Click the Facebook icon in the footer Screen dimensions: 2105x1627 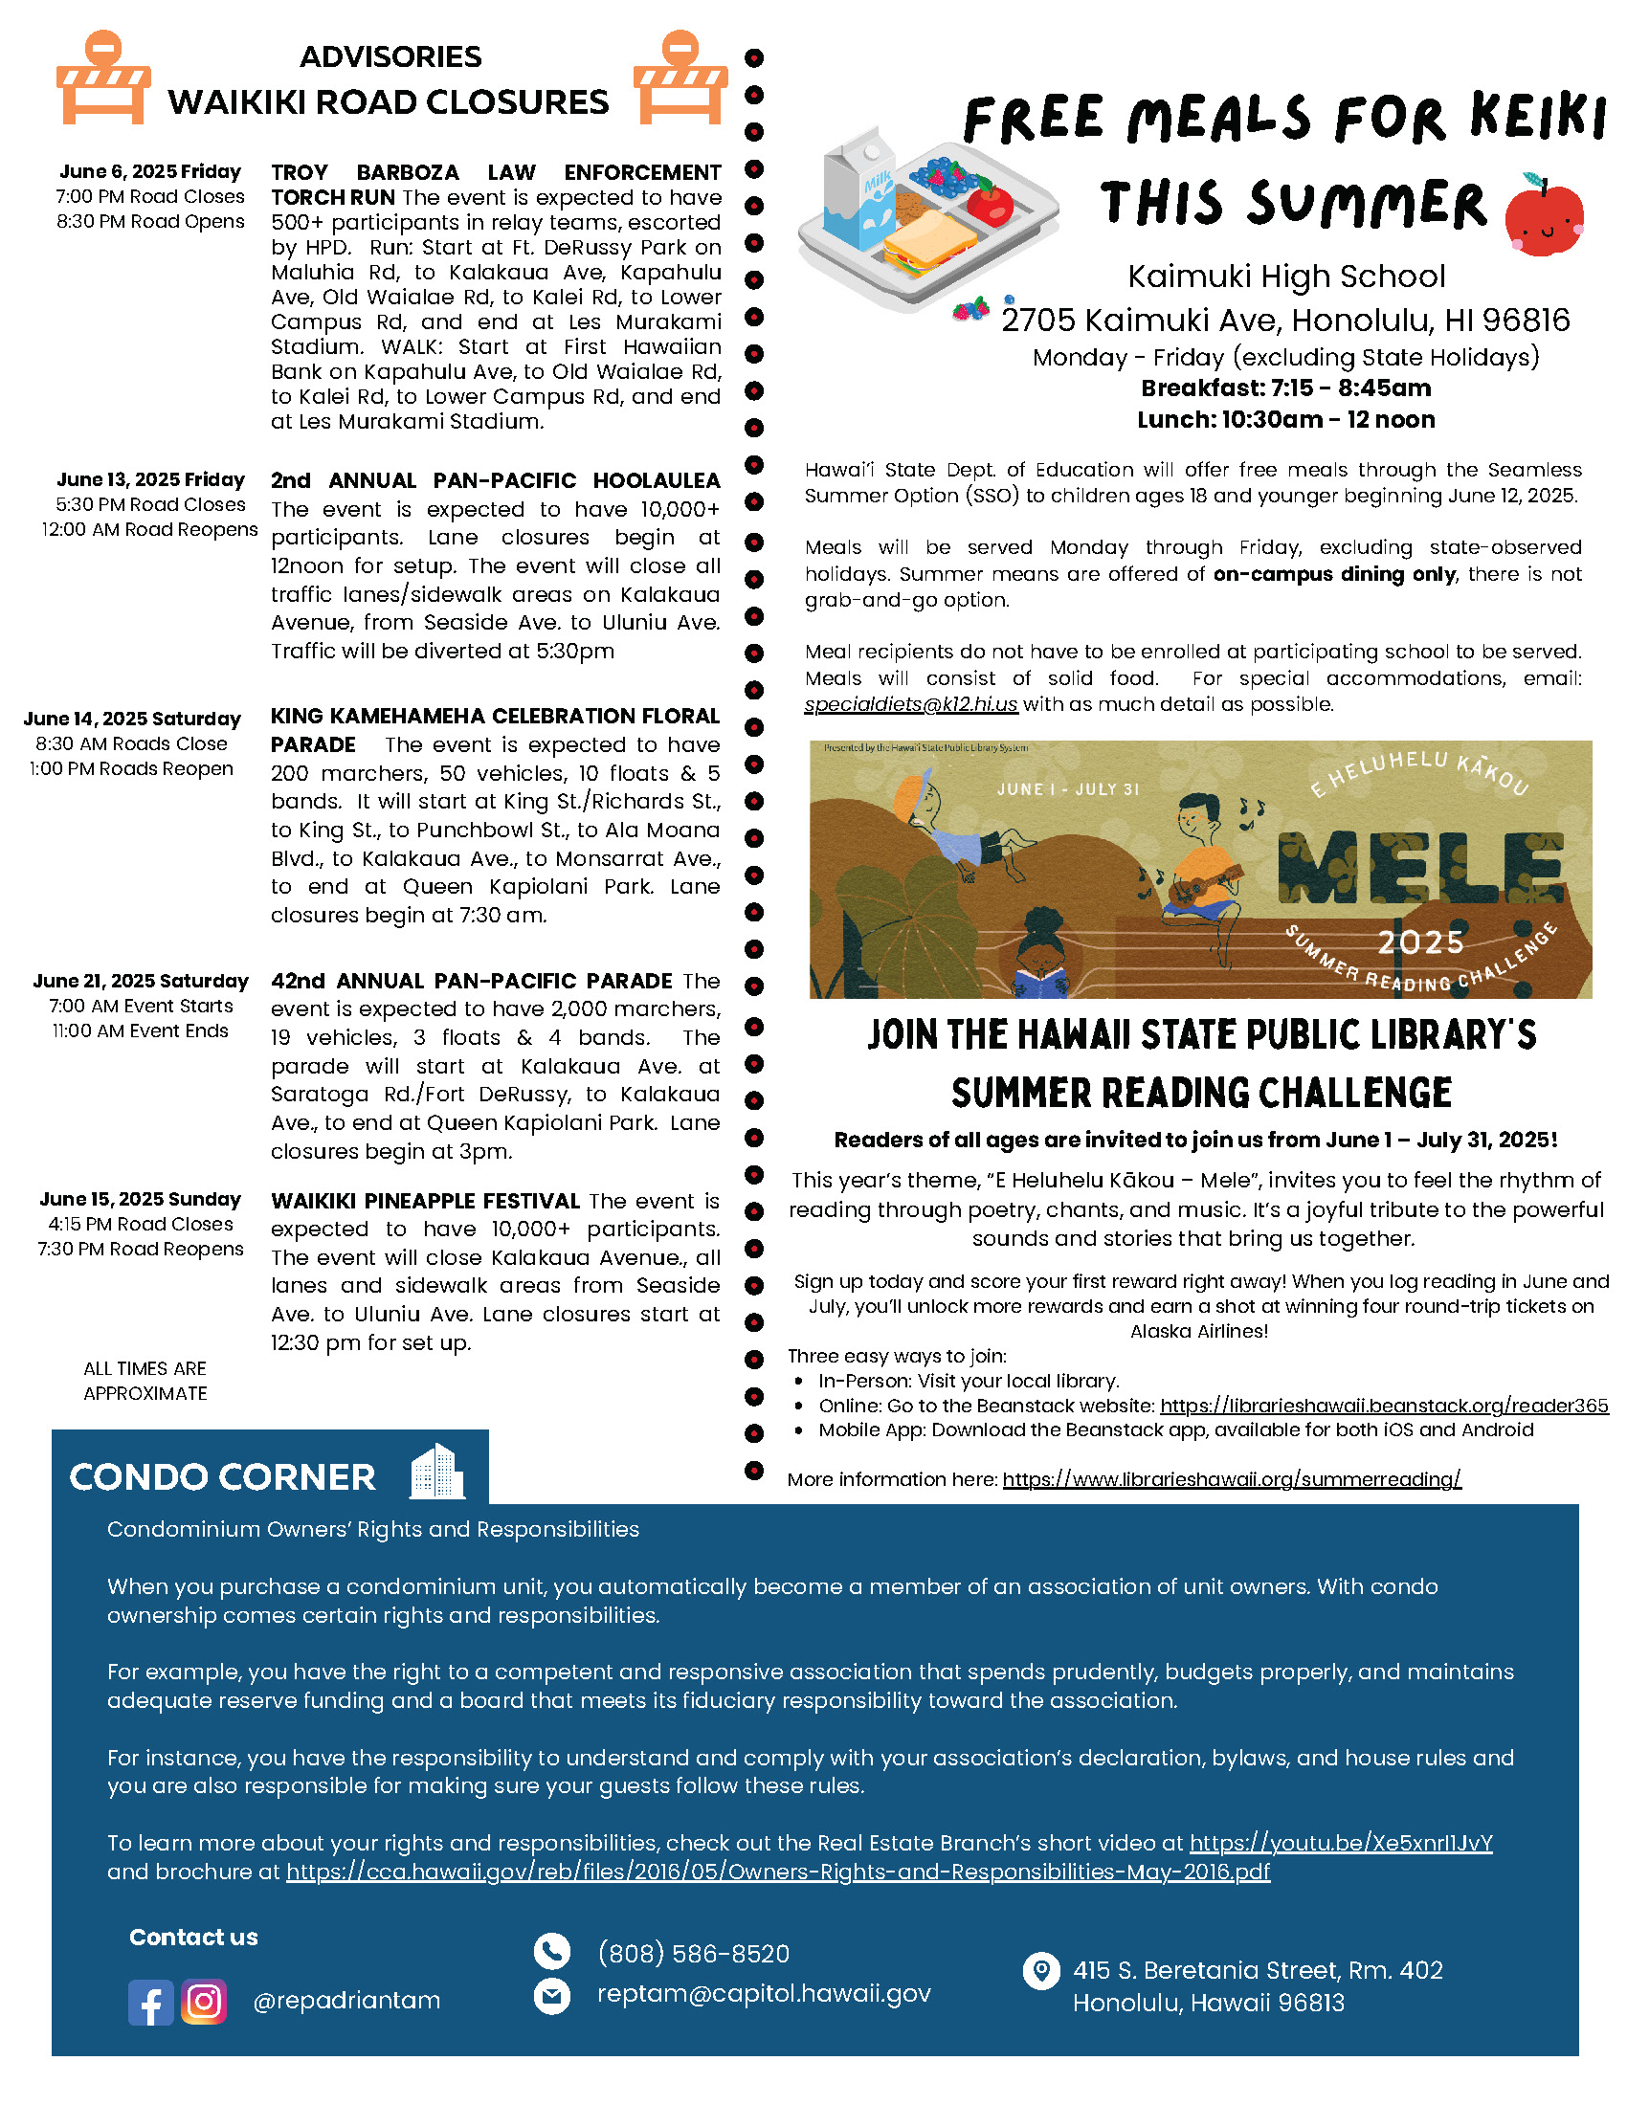pyautogui.click(x=150, y=2002)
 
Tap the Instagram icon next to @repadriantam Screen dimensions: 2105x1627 pyautogui.click(x=203, y=2002)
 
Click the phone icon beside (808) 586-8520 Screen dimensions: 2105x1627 pyautogui.click(x=551, y=1952)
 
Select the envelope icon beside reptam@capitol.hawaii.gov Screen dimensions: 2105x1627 pyautogui.click(x=551, y=1995)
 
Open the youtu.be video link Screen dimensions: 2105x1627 pyautogui.click(x=1340, y=1843)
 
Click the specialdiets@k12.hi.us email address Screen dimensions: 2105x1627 pyautogui.click(x=910, y=704)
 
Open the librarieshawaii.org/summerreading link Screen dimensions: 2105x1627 pyautogui.click(x=1231, y=1479)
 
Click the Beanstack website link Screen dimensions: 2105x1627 pyautogui.click(x=1383, y=1406)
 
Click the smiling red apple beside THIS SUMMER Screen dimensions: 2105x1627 pyautogui.click(x=1544, y=217)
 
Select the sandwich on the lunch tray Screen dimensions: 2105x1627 pyautogui.click(x=928, y=241)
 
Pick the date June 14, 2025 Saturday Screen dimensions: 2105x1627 pyautogui.click(x=132, y=719)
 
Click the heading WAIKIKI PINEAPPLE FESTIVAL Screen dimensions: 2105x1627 pyautogui.click(x=425, y=1201)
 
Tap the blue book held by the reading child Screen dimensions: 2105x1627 pyautogui.click(x=1041, y=983)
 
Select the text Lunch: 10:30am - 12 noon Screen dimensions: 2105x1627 pyautogui.click(x=1284, y=420)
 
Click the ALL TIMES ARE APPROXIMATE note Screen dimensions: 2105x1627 pyautogui.click(x=145, y=1380)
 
